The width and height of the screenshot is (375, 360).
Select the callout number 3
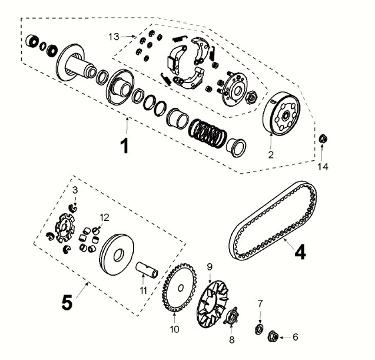coord(75,190)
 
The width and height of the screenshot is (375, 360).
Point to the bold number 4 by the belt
coord(300,252)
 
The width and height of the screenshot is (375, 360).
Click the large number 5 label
coord(67,302)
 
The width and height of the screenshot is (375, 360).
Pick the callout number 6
coord(295,337)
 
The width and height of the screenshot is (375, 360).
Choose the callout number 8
coord(231,339)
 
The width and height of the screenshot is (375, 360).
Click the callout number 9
coord(209,267)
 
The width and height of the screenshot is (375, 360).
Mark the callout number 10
coord(174,329)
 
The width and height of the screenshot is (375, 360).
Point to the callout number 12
coord(104,216)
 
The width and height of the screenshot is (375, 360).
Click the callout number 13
coord(114,37)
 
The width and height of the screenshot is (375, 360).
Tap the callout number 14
coord(323,167)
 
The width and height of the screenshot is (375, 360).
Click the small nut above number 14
coord(323,140)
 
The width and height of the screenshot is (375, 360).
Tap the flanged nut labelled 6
coord(273,336)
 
